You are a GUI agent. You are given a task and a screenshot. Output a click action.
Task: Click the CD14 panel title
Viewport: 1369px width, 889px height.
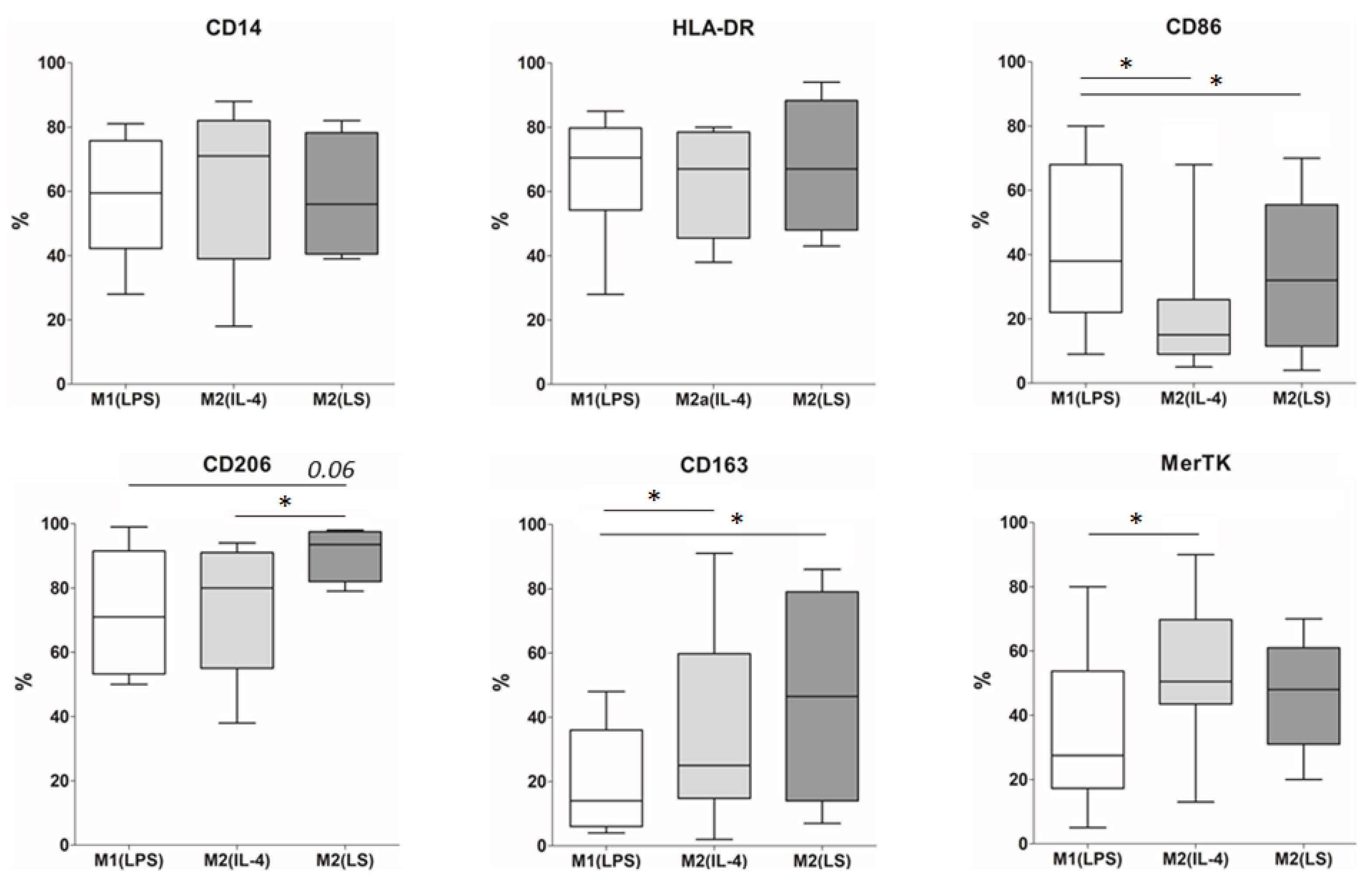pos(234,28)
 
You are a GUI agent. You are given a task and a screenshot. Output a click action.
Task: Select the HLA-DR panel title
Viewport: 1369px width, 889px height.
pos(713,28)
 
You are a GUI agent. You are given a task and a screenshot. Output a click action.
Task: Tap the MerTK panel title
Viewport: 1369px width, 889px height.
pos(1195,463)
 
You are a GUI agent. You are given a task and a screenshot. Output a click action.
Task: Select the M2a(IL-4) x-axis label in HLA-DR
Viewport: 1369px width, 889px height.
pos(713,400)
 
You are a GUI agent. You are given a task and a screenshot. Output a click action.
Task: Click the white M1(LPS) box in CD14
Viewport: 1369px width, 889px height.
pos(126,194)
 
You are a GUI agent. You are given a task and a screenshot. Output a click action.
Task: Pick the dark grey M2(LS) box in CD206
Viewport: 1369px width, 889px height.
pos(345,556)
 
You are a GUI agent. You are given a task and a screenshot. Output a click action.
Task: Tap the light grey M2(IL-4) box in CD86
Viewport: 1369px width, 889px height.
pos(1194,327)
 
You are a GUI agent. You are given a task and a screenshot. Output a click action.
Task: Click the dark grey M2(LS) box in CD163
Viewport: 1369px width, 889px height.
pos(822,696)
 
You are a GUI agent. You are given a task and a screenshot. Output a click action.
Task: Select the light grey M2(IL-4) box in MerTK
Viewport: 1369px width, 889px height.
pos(1196,661)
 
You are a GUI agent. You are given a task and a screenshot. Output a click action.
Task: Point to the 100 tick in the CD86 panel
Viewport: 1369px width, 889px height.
pos(1012,62)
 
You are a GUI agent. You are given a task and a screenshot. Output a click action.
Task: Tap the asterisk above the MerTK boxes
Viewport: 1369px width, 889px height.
pos(1135,519)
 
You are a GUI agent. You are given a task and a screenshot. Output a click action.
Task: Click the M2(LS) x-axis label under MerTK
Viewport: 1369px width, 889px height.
pos(1303,859)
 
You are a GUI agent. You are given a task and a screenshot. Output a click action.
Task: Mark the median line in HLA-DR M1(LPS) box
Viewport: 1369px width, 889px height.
pos(605,157)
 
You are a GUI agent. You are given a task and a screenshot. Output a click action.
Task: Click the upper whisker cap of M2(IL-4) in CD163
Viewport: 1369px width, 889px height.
pos(714,553)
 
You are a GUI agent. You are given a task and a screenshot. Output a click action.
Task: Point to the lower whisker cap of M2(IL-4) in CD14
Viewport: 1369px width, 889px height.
pos(234,326)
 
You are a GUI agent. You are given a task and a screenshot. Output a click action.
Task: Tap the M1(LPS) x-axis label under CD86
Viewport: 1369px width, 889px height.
pos(1085,398)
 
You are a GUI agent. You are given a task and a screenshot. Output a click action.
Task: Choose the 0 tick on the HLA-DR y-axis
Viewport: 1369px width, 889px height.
pos(539,384)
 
